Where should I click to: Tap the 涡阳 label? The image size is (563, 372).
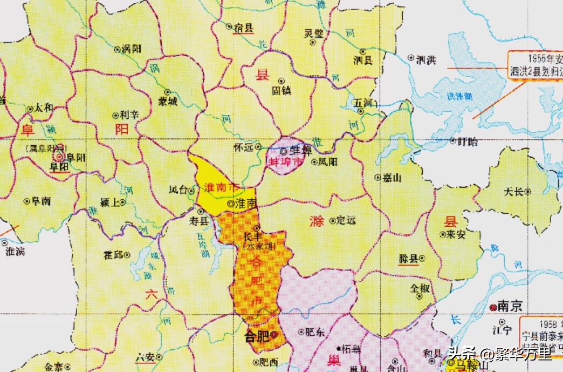tap(132, 49)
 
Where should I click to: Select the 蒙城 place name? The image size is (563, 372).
tap(167, 102)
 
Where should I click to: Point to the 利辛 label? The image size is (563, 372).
tap(129, 115)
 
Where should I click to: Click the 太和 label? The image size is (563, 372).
tap(44, 108)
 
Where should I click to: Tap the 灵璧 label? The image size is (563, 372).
tap(314, 34)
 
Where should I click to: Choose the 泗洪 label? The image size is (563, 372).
tap(426, 59)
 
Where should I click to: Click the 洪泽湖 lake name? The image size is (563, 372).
tap(459, 96)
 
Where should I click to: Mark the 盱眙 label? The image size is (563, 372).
tap(467, 141)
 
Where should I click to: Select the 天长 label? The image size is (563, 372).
tap(513, 192)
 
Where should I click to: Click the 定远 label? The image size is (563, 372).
tap(346, 220)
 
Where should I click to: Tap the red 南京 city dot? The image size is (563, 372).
tap(493, 307)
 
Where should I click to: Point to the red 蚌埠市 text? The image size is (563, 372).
tap(283, 162)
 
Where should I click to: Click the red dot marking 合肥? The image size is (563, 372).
tap(274, 335)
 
